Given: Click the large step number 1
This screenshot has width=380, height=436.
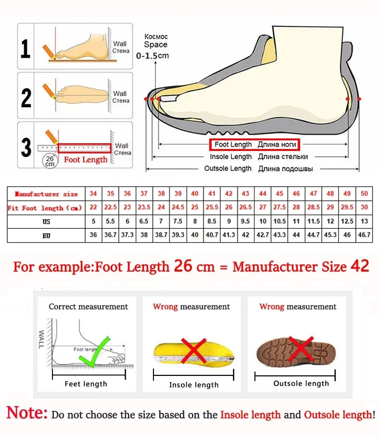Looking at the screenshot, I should point(26,49).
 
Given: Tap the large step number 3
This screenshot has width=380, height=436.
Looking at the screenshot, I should point(26,147).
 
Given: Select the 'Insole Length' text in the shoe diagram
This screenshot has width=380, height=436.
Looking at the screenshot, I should point(231,157).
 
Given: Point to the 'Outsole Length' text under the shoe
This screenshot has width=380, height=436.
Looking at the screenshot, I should point(228,168).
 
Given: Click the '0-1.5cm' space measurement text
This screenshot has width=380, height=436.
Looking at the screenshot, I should point(152,55).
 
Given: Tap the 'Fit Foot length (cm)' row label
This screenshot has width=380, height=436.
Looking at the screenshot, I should point(45,208).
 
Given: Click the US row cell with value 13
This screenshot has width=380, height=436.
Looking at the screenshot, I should point(364,222).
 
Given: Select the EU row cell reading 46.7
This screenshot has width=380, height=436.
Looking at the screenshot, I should point(364,236).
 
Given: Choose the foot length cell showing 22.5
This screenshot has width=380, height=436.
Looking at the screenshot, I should point(111,208).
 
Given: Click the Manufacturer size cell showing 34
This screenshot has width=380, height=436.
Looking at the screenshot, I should point(93,193).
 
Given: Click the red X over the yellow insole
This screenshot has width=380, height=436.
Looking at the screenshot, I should point(194,350).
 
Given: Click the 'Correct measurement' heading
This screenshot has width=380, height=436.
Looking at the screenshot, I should point(89,307).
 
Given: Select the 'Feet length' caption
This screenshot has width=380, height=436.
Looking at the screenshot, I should point(86,384).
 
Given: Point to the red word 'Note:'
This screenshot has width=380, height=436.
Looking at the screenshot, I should point(27,413).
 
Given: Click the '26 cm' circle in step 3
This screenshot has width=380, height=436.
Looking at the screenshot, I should point(50,161).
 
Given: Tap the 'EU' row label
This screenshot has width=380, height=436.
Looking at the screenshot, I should point(46,236).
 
